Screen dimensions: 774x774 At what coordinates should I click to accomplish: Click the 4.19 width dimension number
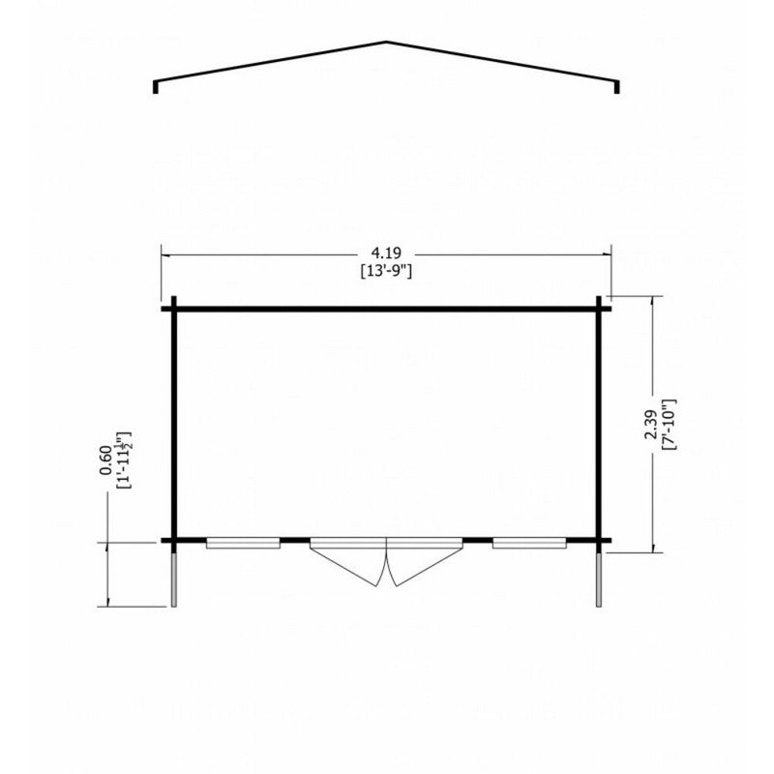point(386,253)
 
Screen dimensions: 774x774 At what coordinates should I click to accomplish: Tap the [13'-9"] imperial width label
point(386,271)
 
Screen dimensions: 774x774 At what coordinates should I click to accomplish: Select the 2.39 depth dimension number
point(650,424)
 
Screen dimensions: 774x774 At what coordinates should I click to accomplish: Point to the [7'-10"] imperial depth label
point(668,425)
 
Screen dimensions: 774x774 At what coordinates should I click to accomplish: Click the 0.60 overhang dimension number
point(105,461)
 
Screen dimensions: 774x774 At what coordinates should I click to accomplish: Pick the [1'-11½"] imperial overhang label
point(123,461)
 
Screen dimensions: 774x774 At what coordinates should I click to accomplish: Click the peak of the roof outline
point(386,42)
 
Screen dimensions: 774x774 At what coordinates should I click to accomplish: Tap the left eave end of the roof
point(156,87)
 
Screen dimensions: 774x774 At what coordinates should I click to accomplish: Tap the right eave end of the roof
point(617,87)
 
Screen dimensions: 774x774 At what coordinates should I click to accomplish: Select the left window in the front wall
point(243,544)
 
